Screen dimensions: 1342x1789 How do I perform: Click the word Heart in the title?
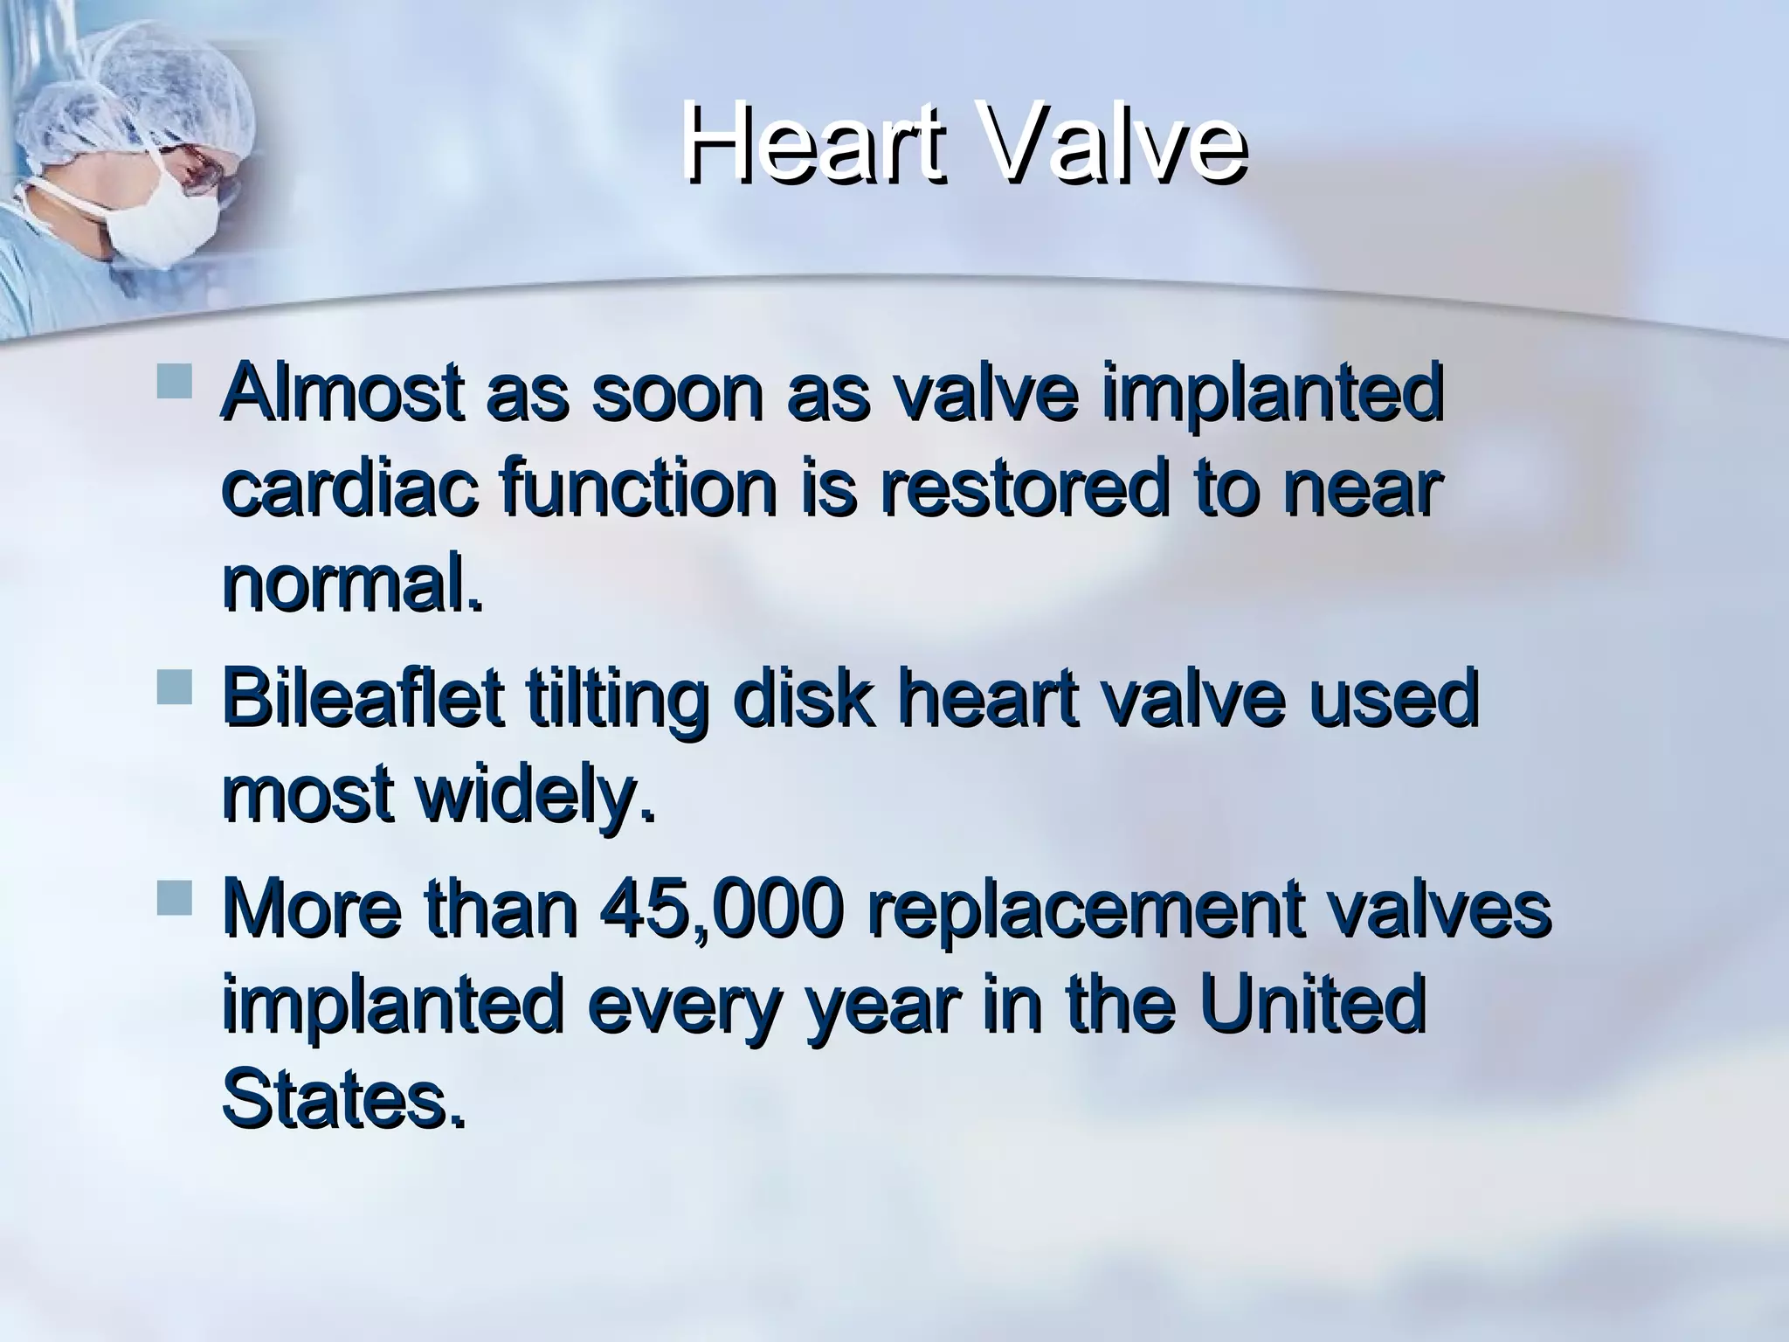pos(812,143)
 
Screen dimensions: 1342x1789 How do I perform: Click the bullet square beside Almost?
pos(175,383)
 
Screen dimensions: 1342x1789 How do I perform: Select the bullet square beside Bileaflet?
pos(175,688)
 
